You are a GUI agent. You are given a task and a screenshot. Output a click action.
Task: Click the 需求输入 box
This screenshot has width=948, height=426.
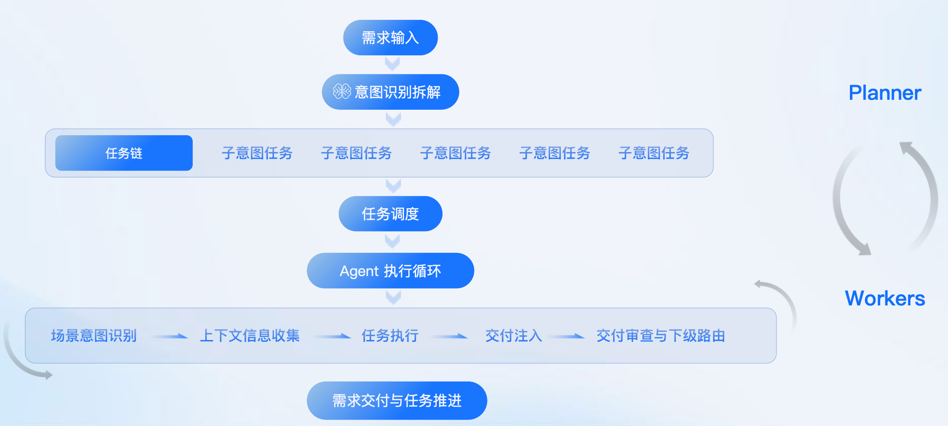(x=390, y=38)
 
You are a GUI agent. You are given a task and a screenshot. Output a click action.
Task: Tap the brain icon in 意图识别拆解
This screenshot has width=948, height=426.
(x=342, y=92)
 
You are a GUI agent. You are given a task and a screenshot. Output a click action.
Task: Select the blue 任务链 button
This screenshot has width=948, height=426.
(x=124, y=153)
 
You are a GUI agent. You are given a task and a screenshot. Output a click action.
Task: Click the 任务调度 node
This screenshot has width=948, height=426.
(x=390, y=214)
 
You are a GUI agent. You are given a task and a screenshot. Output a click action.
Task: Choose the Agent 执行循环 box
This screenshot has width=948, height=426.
(x=390, y=271)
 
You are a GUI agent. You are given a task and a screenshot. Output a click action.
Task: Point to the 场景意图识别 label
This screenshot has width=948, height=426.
(x=94, y=336)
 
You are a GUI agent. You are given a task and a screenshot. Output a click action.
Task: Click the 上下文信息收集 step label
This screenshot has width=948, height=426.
(x=249, y=336)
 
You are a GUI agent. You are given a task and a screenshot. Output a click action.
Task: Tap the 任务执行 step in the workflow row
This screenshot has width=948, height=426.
(x=390, y=336)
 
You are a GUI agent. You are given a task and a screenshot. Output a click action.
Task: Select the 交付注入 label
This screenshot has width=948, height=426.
(x=513, y=336)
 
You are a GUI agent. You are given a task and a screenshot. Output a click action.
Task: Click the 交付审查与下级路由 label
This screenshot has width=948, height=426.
(x=660, y=336)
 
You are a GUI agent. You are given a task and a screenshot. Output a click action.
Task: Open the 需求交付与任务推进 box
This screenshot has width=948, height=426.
(x=397, y=401)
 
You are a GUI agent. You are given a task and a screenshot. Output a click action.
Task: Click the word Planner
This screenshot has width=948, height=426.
(x=884, y=93)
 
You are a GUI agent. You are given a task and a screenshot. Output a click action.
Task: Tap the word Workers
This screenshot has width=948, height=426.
(x=884, y=299)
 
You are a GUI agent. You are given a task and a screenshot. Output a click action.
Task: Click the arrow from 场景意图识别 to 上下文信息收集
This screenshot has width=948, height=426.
(x=170, y=336)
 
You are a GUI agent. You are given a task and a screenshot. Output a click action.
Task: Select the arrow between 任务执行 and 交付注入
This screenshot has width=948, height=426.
(x=451, y=336)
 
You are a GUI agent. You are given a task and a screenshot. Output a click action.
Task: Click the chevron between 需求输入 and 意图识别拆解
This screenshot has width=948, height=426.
(x=392, y=64)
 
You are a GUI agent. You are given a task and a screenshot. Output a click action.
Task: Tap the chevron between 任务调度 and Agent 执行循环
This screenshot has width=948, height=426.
(x=392, y=241)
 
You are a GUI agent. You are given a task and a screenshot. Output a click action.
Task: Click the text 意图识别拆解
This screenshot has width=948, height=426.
(x=398, y=92)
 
